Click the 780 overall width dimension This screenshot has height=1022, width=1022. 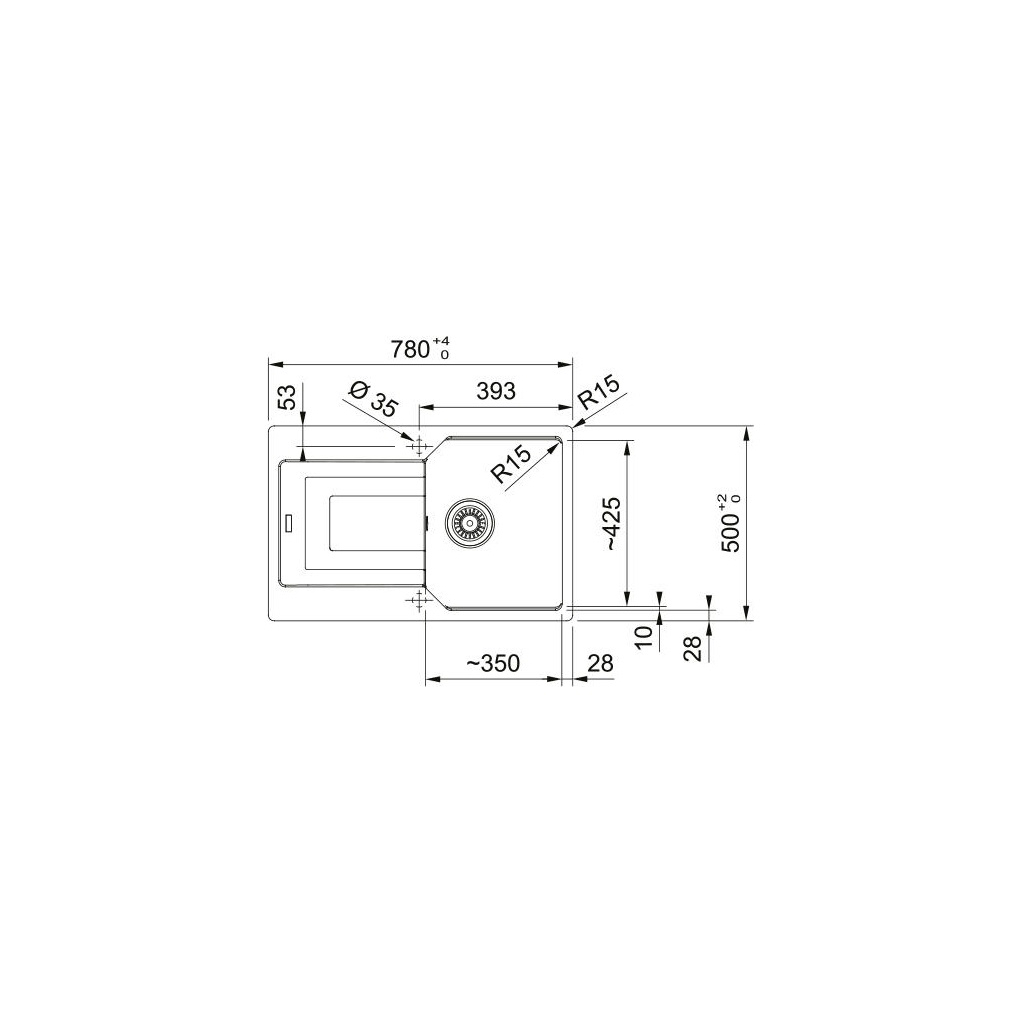click(407, 349)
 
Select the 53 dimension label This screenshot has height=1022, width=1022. click(287, 398)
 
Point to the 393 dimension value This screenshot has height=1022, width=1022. click(496, 392)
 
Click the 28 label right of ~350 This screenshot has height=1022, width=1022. click(600, 664)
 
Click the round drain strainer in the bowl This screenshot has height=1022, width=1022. click(466, 521)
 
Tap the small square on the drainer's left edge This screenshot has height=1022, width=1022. click(289, 520)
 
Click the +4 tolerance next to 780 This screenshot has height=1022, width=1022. click(442, 342)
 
